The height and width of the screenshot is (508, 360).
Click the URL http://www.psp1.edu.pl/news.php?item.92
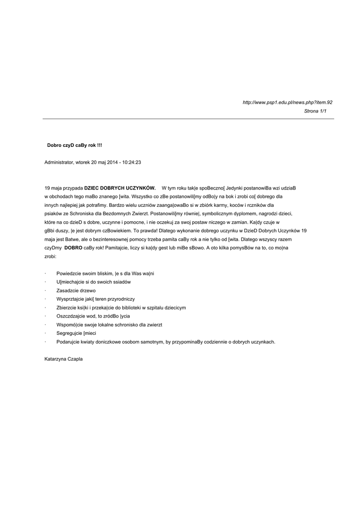287,102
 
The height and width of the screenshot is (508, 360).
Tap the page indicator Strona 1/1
315,111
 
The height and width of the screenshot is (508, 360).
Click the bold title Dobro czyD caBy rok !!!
74,145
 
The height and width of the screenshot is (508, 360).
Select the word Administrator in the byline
59,162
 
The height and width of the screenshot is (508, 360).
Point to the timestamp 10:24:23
132,162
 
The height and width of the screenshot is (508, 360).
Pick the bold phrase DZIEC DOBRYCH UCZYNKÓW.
120,188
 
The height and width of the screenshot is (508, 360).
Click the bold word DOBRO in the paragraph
73,248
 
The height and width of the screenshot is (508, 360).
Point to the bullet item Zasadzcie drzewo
76,291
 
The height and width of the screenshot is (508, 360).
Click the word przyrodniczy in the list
122,299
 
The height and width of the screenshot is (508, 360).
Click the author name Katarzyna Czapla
64,359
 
